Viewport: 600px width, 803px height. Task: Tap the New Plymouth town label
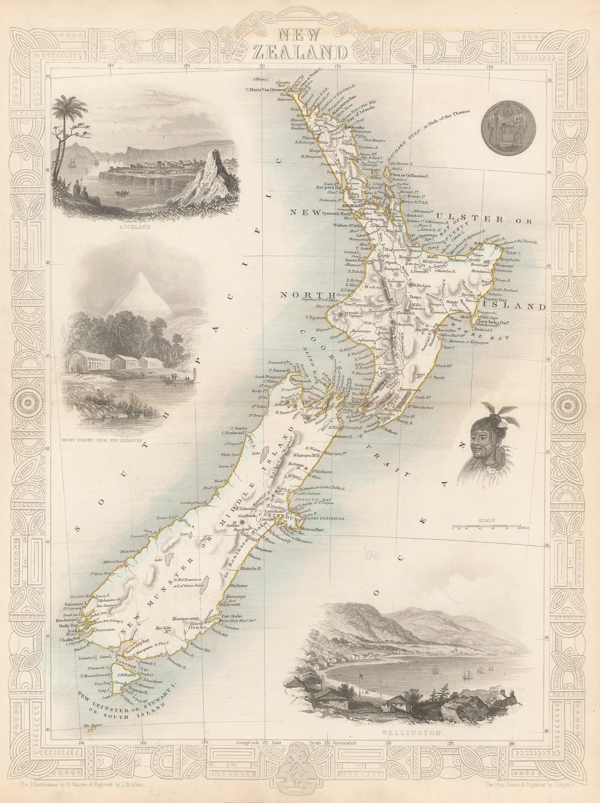point(341,305)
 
